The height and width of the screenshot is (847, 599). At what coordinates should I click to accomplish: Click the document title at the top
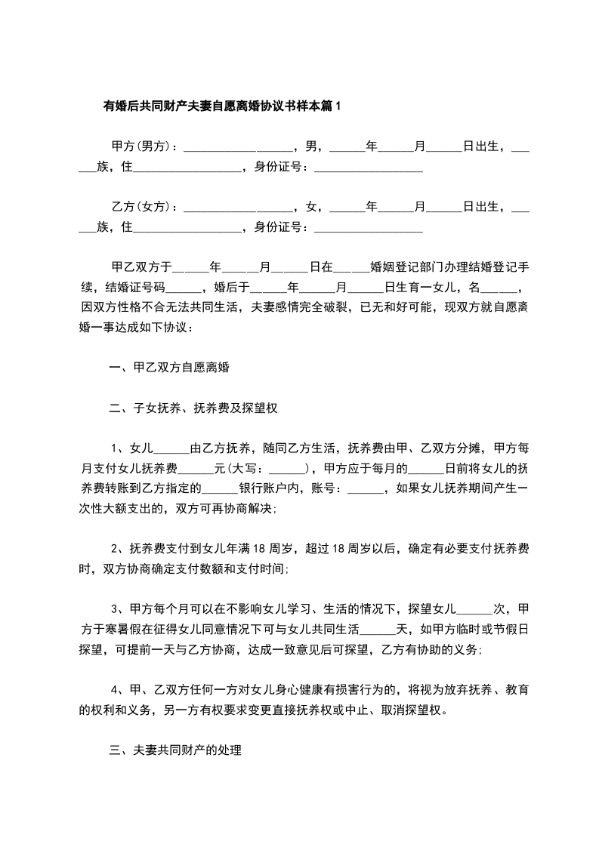click(x=222, y=106)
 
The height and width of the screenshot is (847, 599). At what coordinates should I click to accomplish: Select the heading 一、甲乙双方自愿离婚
click(x=169, y=369)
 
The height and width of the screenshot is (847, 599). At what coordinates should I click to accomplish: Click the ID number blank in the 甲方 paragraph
click(x=367, y=167)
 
